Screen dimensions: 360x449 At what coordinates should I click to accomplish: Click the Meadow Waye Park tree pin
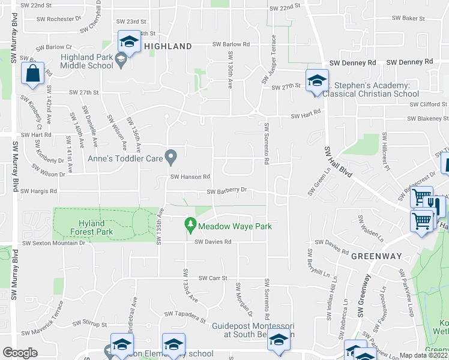coord(190,225)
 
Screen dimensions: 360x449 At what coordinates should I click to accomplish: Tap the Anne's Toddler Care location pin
coord(171,157)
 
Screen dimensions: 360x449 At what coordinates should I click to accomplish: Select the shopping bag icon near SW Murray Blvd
coord(32,74)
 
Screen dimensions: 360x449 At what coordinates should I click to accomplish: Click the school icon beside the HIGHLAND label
coord(128,41)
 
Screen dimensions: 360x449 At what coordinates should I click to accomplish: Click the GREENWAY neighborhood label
coord(376,256)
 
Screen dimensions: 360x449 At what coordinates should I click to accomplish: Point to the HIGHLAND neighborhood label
coord(167,46)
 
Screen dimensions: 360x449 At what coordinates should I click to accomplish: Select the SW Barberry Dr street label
coord(227,192)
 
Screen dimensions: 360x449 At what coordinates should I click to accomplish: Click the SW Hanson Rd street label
coord(190,177)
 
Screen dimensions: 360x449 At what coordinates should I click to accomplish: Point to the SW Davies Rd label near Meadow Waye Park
coord(212,242)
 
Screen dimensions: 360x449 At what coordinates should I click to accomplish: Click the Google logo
coord(20,353)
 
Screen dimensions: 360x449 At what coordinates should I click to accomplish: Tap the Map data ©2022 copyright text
coord(424,355)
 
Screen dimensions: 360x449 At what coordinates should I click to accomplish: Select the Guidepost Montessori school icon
coord(279,341)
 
